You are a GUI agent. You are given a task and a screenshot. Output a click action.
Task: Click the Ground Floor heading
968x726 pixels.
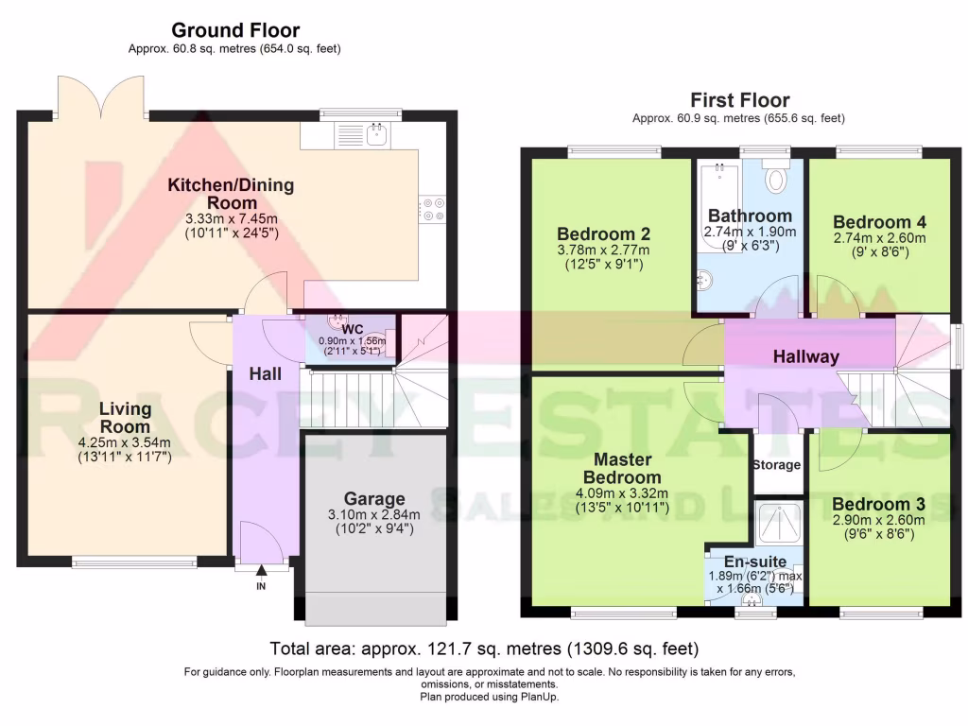235,29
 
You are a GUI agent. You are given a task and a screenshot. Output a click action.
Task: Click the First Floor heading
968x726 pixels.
739,99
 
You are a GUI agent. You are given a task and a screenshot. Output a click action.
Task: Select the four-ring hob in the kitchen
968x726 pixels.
431,209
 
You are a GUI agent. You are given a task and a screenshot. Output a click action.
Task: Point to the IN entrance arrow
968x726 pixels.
261,570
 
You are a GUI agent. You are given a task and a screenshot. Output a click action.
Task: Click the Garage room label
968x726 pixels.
374,498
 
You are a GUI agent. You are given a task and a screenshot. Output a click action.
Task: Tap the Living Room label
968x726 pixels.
126,417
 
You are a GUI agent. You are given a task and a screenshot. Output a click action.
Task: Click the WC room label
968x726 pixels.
353,329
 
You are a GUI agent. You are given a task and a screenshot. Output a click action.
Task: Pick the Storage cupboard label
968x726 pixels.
777,464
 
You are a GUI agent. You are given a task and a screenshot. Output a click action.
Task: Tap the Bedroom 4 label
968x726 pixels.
879,221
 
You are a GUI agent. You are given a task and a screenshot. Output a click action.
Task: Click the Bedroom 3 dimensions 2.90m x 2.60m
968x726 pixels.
878,520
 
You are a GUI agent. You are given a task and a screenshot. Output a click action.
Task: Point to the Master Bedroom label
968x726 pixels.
622,468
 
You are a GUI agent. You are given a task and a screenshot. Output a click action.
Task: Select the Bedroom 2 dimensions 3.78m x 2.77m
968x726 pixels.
603,250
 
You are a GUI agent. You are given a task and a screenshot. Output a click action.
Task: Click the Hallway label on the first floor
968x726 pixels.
805,356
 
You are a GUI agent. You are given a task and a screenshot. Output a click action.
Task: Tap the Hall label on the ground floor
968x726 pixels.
265,373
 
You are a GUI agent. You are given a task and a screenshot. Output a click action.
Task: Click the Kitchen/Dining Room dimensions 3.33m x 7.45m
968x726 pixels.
232,218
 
